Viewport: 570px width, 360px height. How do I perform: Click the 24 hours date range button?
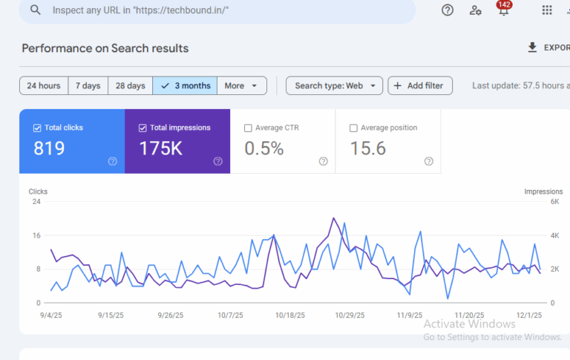coord(44,86)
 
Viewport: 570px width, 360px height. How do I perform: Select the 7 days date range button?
coord(88,86)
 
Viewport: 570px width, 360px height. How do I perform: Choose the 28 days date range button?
coord(130,86)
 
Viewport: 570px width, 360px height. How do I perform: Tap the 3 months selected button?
coord(186,86)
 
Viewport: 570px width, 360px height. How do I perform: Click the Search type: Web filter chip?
coord(335,86)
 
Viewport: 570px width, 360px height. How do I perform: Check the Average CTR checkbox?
coord(248,128)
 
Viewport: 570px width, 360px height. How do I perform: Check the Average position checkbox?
coord(353,128)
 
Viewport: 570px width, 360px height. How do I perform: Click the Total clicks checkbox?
coord(37,128)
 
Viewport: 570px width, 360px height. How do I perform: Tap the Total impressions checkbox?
coord(142,128)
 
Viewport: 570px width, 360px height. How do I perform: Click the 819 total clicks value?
coord(49,148)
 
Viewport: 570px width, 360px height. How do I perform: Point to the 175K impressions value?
coord(161,148)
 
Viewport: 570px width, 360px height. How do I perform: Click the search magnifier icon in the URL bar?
coord(36,10)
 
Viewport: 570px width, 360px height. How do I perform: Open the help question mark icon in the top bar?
coord(448,10)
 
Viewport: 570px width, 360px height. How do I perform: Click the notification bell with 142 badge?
coord(504,10)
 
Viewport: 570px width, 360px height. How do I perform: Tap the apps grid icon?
coord(547,10)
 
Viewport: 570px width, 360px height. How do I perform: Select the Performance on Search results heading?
coord(105,48)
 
